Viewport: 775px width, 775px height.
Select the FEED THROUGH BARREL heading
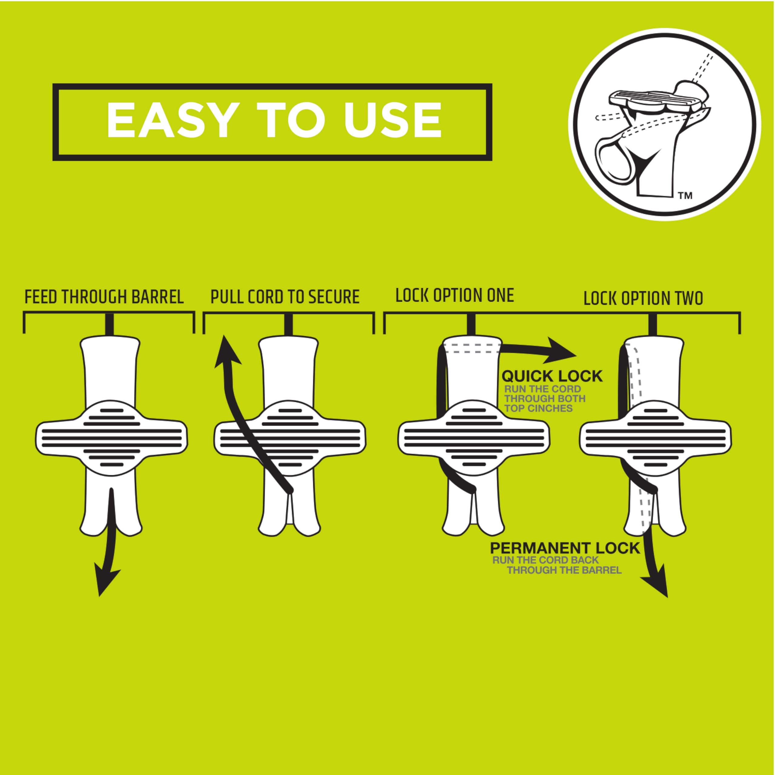pos(104,297)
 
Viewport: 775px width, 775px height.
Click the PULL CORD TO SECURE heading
pos(285,297)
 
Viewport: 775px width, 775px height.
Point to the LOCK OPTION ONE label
pos(454,296)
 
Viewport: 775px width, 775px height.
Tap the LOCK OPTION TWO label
pos(643,299)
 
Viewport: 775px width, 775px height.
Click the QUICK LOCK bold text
pos(552,376)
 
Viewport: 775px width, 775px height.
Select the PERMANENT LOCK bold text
pos(565,548)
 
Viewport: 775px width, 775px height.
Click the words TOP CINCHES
pos(538,408)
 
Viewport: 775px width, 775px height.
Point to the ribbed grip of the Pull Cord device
pos(290,438)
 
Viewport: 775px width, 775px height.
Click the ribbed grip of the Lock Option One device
pos(474,438)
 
